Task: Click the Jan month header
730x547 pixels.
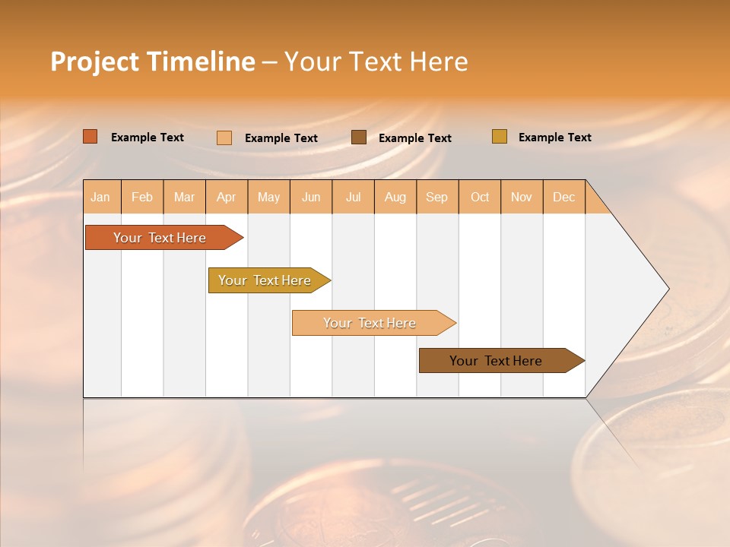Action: tap(101, 197)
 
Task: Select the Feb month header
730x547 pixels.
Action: tap(142, 197)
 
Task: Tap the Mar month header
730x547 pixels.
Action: tap(184, 197)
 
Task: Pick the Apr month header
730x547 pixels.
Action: tap(227, 197)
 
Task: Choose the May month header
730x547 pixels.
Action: tap(268, 197)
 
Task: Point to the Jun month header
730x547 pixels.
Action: tap(311, 197)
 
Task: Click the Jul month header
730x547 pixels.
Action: tap(353, 197)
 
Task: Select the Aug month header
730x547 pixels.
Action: tap(395, 197)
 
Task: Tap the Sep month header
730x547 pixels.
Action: tap(437, 197)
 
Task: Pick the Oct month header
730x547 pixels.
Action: tap(480, 197)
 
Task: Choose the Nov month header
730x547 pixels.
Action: tap(522, 197)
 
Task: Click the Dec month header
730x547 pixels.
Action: tap(564, 197)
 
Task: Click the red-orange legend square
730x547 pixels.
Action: tap(90, 137)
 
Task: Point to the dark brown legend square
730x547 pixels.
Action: tap(359, 137)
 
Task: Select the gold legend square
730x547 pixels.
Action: tap(500, 137)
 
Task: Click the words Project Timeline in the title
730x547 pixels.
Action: tap(152, 62)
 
